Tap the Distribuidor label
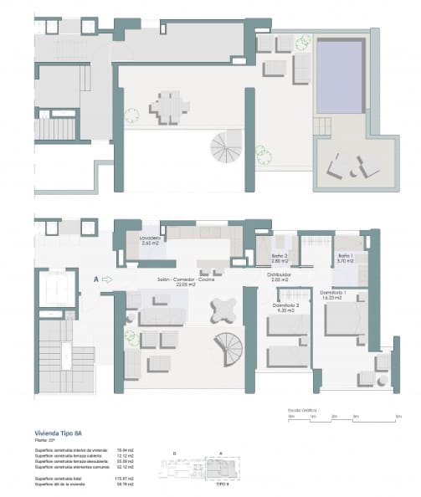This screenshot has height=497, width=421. pos(279,276)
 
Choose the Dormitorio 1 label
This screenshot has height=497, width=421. pos(333,294)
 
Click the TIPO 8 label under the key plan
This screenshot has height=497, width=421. pos(223,484)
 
